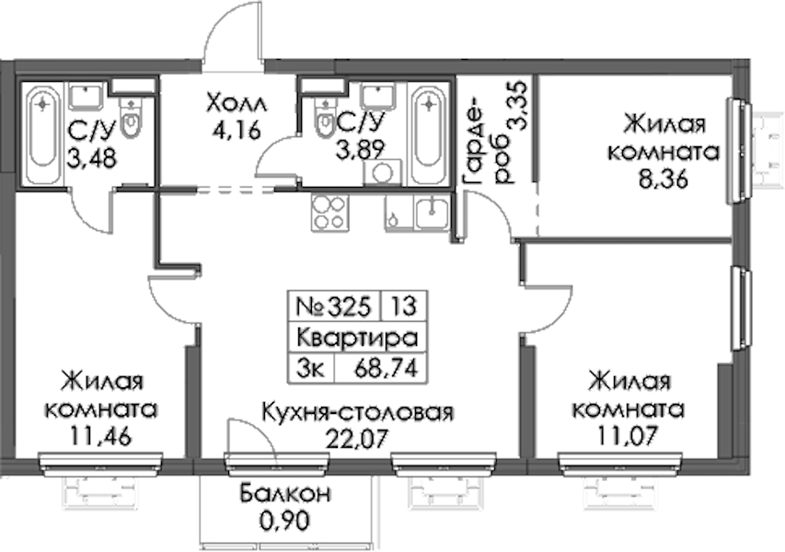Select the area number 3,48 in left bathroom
point(92,158)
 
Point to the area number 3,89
point(360,149)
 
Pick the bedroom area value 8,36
point(663,178)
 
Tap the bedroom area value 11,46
point(101,435)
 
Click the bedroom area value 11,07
point(628,435)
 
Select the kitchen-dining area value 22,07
point(357,440)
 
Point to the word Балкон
point(285,493)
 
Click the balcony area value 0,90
point(285,521)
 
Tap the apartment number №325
point(333,305)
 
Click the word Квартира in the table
point(357,338)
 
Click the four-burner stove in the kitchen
point(329,213)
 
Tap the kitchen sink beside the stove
point(432,213)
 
